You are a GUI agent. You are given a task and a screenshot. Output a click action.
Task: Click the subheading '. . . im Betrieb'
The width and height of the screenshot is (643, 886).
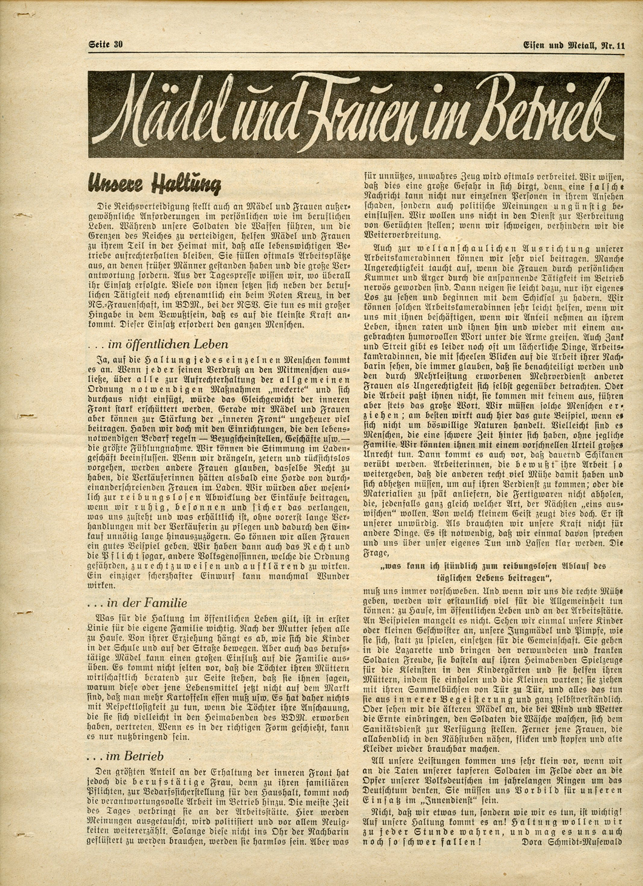pos(125,756)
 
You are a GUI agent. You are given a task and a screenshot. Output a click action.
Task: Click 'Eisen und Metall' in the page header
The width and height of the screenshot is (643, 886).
pos(558,44)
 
